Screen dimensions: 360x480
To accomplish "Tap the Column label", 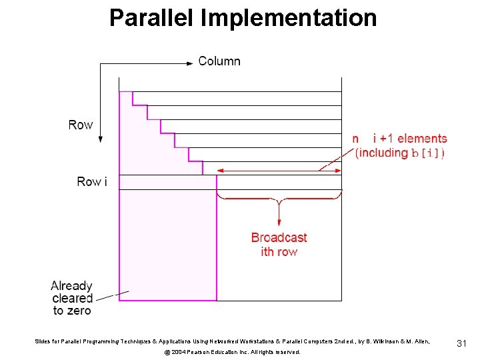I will click(x=219, y=61).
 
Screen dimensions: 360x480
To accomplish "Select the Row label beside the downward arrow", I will click(x=81, y=125).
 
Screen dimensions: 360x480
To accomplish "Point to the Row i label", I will click(x=91, y=181).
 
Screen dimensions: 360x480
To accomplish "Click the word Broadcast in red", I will click(x=279, y=237).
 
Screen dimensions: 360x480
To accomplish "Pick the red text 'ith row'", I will click(x=279, y=251).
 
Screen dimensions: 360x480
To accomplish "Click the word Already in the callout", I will click(x=71, y=286).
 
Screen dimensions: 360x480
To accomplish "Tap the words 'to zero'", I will click(x=71, y=311).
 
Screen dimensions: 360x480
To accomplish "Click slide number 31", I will click(x=461, y=343).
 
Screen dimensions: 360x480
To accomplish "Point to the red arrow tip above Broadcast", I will click(x=279, y=225).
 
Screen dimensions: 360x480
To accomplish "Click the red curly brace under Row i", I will click(x=279, y=198).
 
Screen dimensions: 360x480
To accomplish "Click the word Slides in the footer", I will click(x=44, y=341).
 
